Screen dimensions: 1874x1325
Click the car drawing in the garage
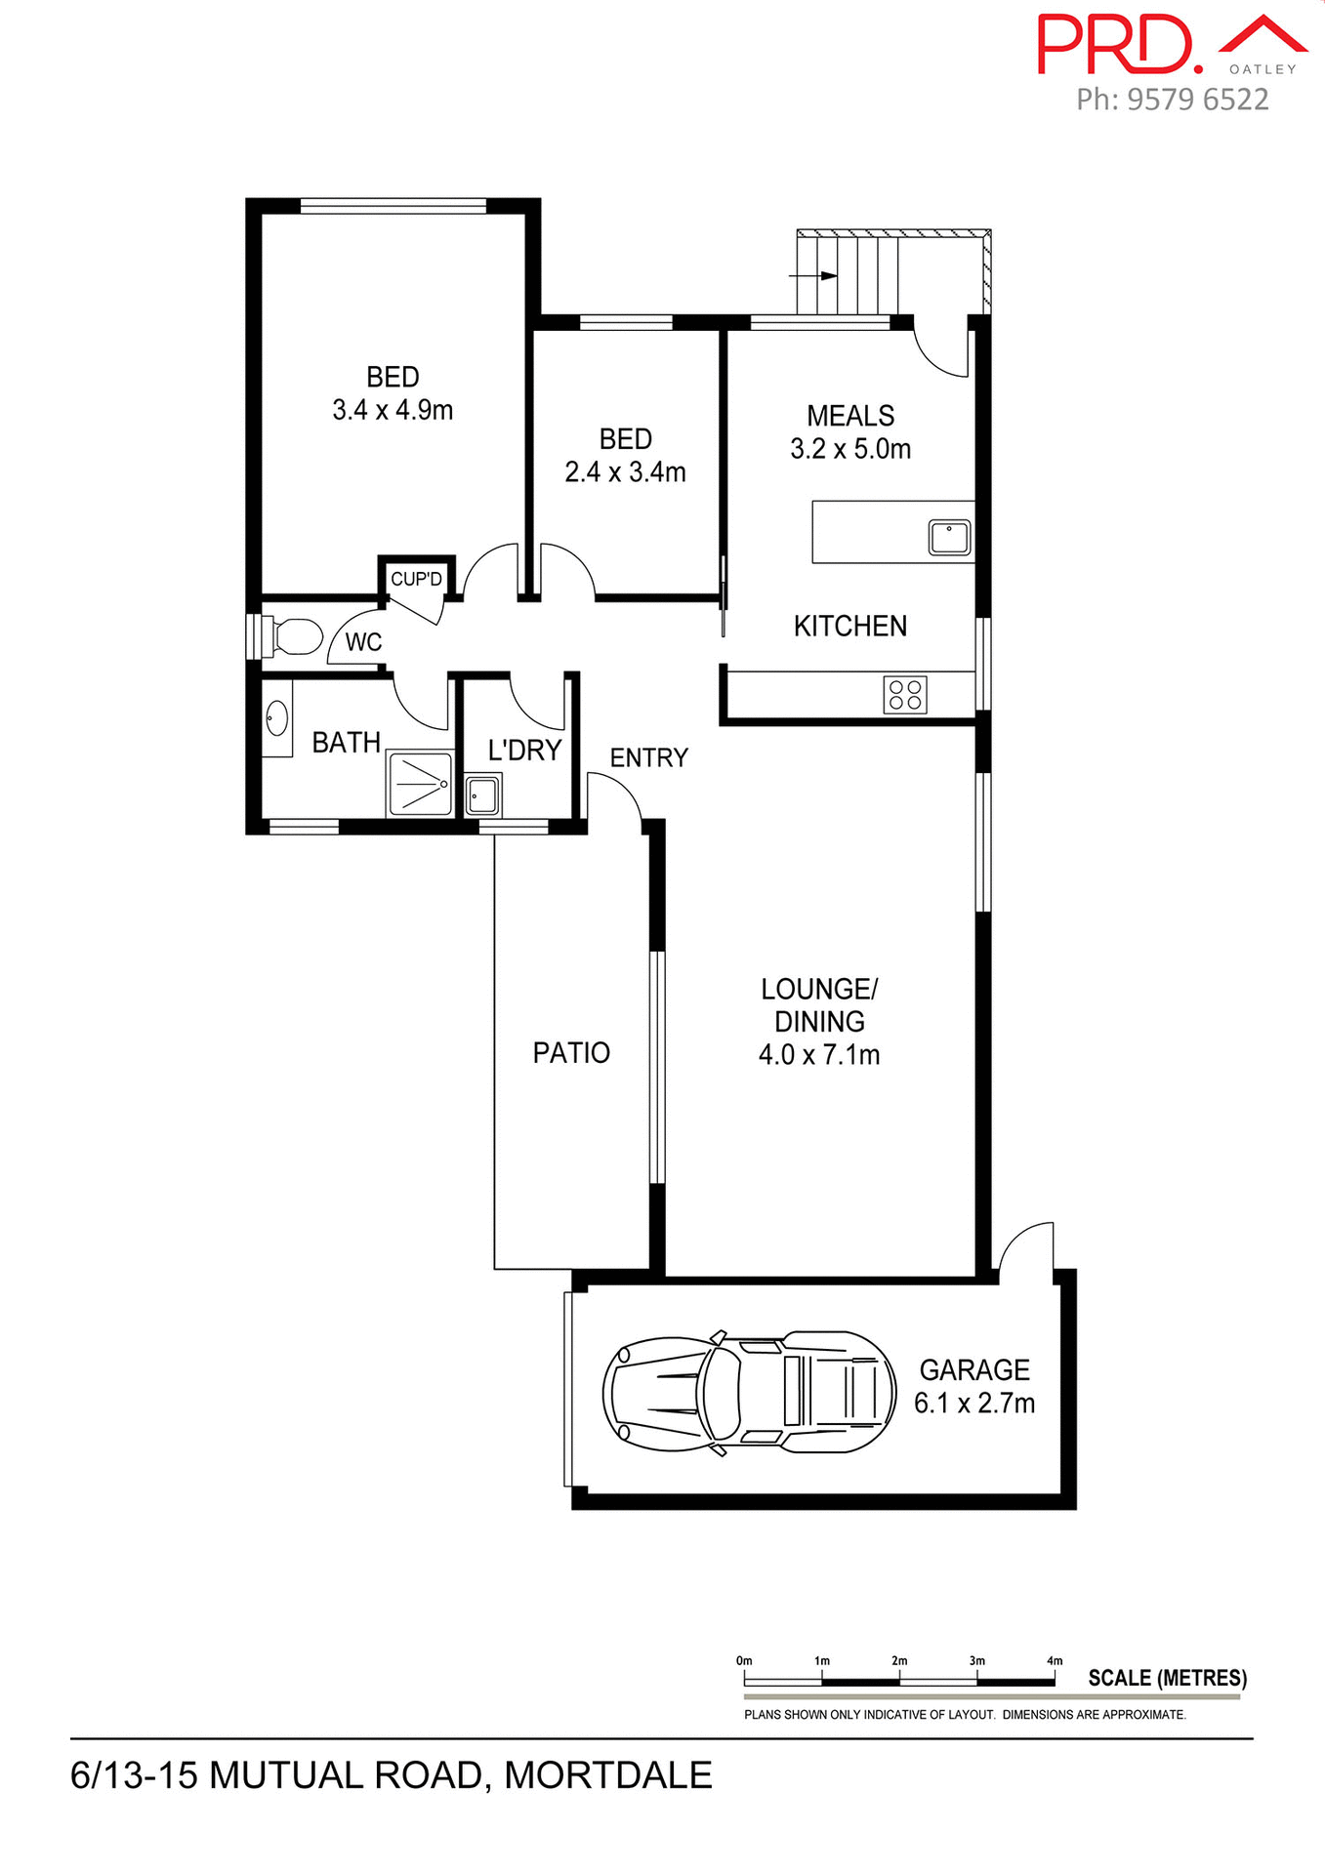749,1393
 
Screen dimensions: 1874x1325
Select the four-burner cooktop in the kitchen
904,695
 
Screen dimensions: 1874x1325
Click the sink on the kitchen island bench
949,538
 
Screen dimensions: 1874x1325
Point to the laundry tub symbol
482,795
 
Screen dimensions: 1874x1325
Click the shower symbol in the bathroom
421,784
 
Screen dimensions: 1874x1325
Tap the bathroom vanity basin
276,719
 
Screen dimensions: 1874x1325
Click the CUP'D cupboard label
416,579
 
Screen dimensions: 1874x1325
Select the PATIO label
571,1052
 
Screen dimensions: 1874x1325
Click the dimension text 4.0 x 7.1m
819,1055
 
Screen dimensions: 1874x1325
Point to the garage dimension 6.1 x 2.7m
973,1404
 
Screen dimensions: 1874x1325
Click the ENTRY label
649,757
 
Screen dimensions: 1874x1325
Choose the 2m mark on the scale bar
899,1661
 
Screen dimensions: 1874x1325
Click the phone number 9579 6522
1197,100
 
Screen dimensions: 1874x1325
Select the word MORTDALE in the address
608,1775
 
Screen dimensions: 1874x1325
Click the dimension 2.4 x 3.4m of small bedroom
625,472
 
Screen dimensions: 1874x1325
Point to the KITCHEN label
849,626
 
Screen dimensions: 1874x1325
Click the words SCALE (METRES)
1167,1678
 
